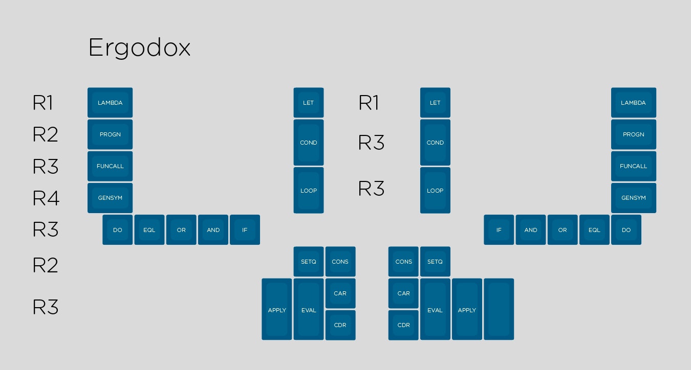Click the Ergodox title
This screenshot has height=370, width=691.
coord(139,49)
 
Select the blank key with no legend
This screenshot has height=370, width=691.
coord(499,309)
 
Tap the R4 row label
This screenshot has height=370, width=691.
coord(46,198)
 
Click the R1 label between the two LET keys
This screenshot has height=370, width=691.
coord(369,103)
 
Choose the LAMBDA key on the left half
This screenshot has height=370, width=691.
coord(110,103)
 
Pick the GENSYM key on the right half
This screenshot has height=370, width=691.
coord(633,198)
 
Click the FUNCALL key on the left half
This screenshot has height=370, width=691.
coord(110,166)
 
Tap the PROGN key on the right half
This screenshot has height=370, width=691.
coord(633,134)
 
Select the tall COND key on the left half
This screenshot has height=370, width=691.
coord(309,143)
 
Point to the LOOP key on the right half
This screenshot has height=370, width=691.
coord(435,191)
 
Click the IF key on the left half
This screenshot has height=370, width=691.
coord(245,230)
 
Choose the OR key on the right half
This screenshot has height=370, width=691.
coord(563,230)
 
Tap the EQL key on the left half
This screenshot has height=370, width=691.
coord(149,230)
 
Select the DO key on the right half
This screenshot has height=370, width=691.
coord(626,230)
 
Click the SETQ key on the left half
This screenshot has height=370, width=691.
coord(309,262)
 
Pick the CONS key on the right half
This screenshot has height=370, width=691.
coord(403,262)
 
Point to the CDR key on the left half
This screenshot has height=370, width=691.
coord(340,325)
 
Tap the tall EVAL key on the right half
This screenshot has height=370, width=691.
coord(435,309)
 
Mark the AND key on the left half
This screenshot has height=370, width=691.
coord(213,230)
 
